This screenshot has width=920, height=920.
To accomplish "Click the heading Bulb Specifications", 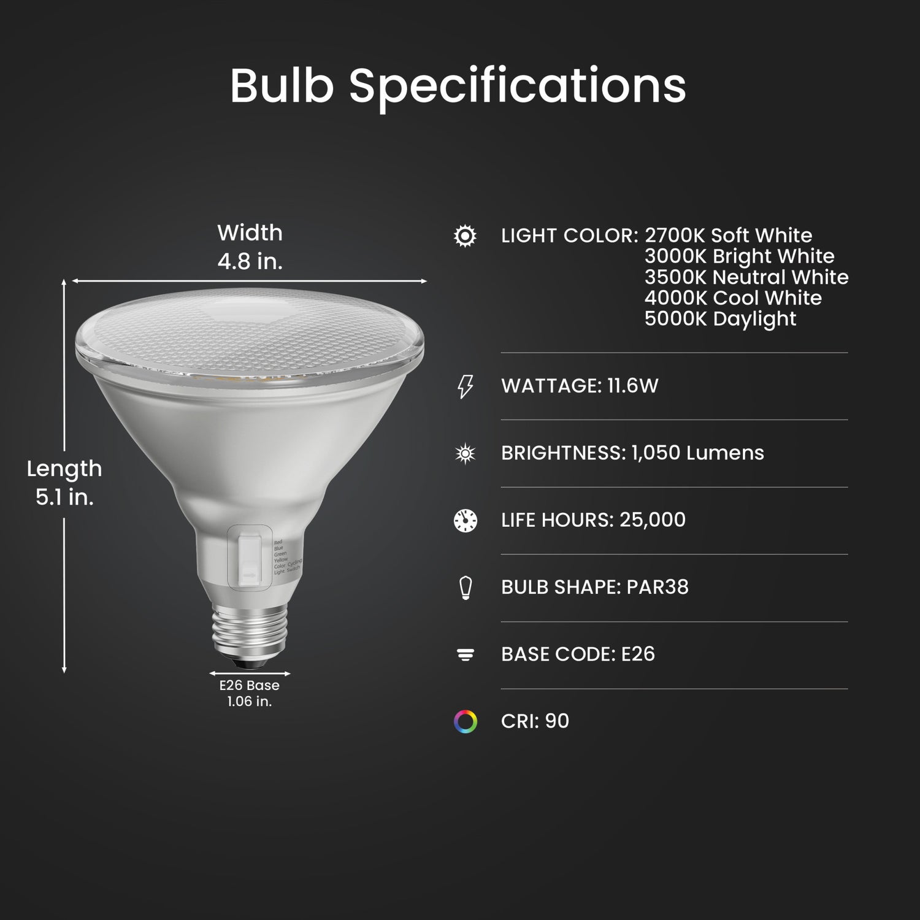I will coord(458,86).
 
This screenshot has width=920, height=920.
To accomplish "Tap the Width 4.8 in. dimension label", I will coord(250,247).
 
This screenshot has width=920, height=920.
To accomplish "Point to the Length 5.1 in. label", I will coord(64,483).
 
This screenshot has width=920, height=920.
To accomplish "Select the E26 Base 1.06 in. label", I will coord(249,693).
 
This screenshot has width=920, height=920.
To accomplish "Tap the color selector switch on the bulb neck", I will coord(250,555).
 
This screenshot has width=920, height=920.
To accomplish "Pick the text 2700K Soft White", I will coord(728,236).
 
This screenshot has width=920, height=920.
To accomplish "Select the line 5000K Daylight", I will coord(720,319).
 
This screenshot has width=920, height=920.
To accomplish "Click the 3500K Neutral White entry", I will coord(746,277).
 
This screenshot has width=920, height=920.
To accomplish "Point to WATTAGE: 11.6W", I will coord(580,386).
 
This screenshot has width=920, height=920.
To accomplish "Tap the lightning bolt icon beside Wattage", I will coord(466,386).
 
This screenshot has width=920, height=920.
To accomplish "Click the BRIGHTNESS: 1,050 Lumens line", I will coord(632,453).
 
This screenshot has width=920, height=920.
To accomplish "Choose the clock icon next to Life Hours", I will coord(466,520).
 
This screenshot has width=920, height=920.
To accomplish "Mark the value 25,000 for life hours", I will coord(653,520).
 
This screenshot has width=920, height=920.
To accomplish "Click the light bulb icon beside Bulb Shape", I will coord(466,587).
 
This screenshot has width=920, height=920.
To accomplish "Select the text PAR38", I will coord(657,587).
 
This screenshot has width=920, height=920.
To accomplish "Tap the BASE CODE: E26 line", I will coord(578,654).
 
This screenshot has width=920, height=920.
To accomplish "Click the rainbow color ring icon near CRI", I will coord(466,721).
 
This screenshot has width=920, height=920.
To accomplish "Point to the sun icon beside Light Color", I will coord(465,236).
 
